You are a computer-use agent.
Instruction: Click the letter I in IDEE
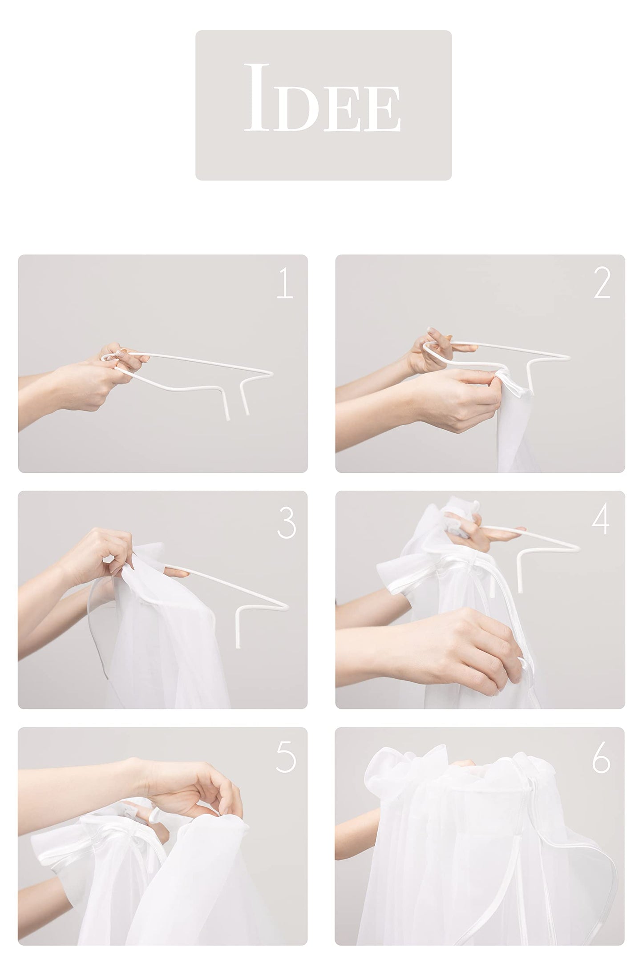[x=259, y=97]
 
